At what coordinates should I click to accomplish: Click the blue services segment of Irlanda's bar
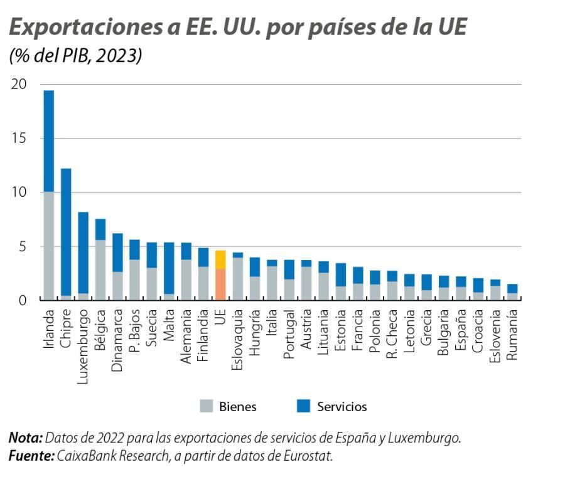coord(48,141)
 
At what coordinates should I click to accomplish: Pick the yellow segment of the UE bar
coord(220,259)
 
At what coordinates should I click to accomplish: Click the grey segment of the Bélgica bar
coord(100,270)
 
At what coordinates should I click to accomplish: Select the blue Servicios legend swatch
coord(302,406)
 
